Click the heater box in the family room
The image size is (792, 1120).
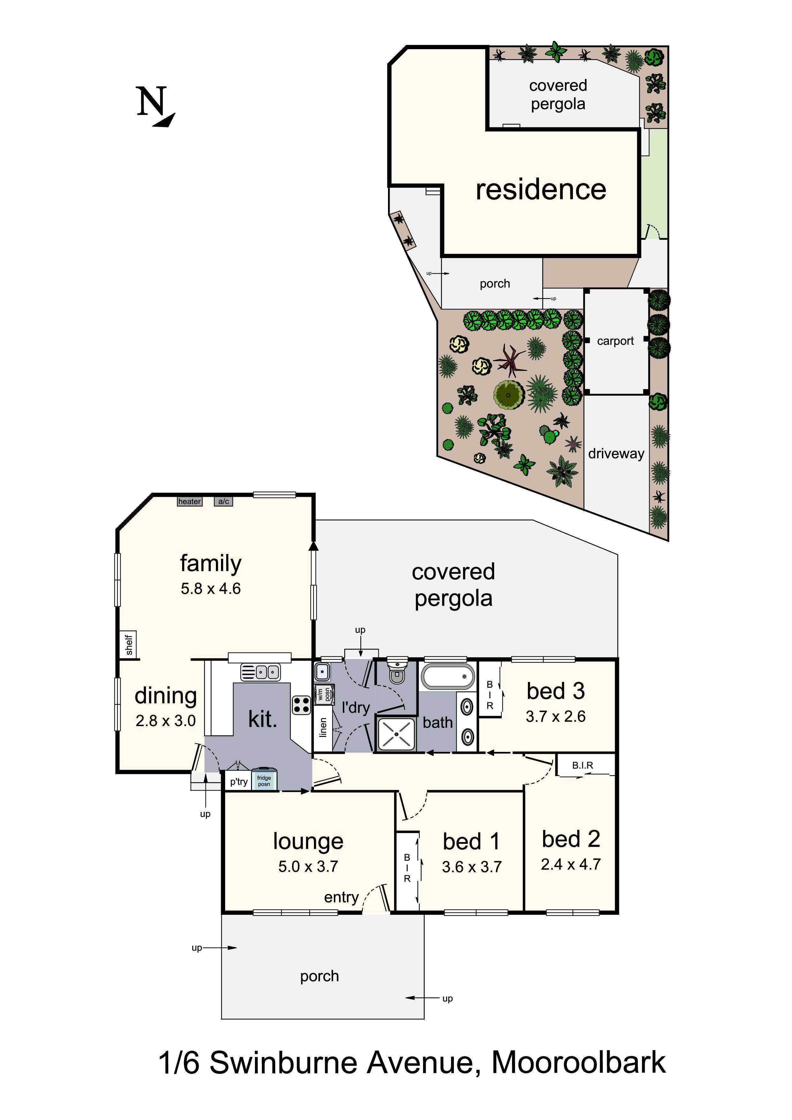189,502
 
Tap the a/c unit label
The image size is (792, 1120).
224,502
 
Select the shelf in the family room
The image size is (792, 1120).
128,644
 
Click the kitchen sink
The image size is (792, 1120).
261,673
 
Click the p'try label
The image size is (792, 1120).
239,782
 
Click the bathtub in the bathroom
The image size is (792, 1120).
447,677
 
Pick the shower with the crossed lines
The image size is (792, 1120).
396,734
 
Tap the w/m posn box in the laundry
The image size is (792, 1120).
324,694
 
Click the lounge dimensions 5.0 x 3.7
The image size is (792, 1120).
308,866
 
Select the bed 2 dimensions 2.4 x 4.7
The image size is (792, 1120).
570,864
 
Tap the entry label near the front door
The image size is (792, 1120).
341,897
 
